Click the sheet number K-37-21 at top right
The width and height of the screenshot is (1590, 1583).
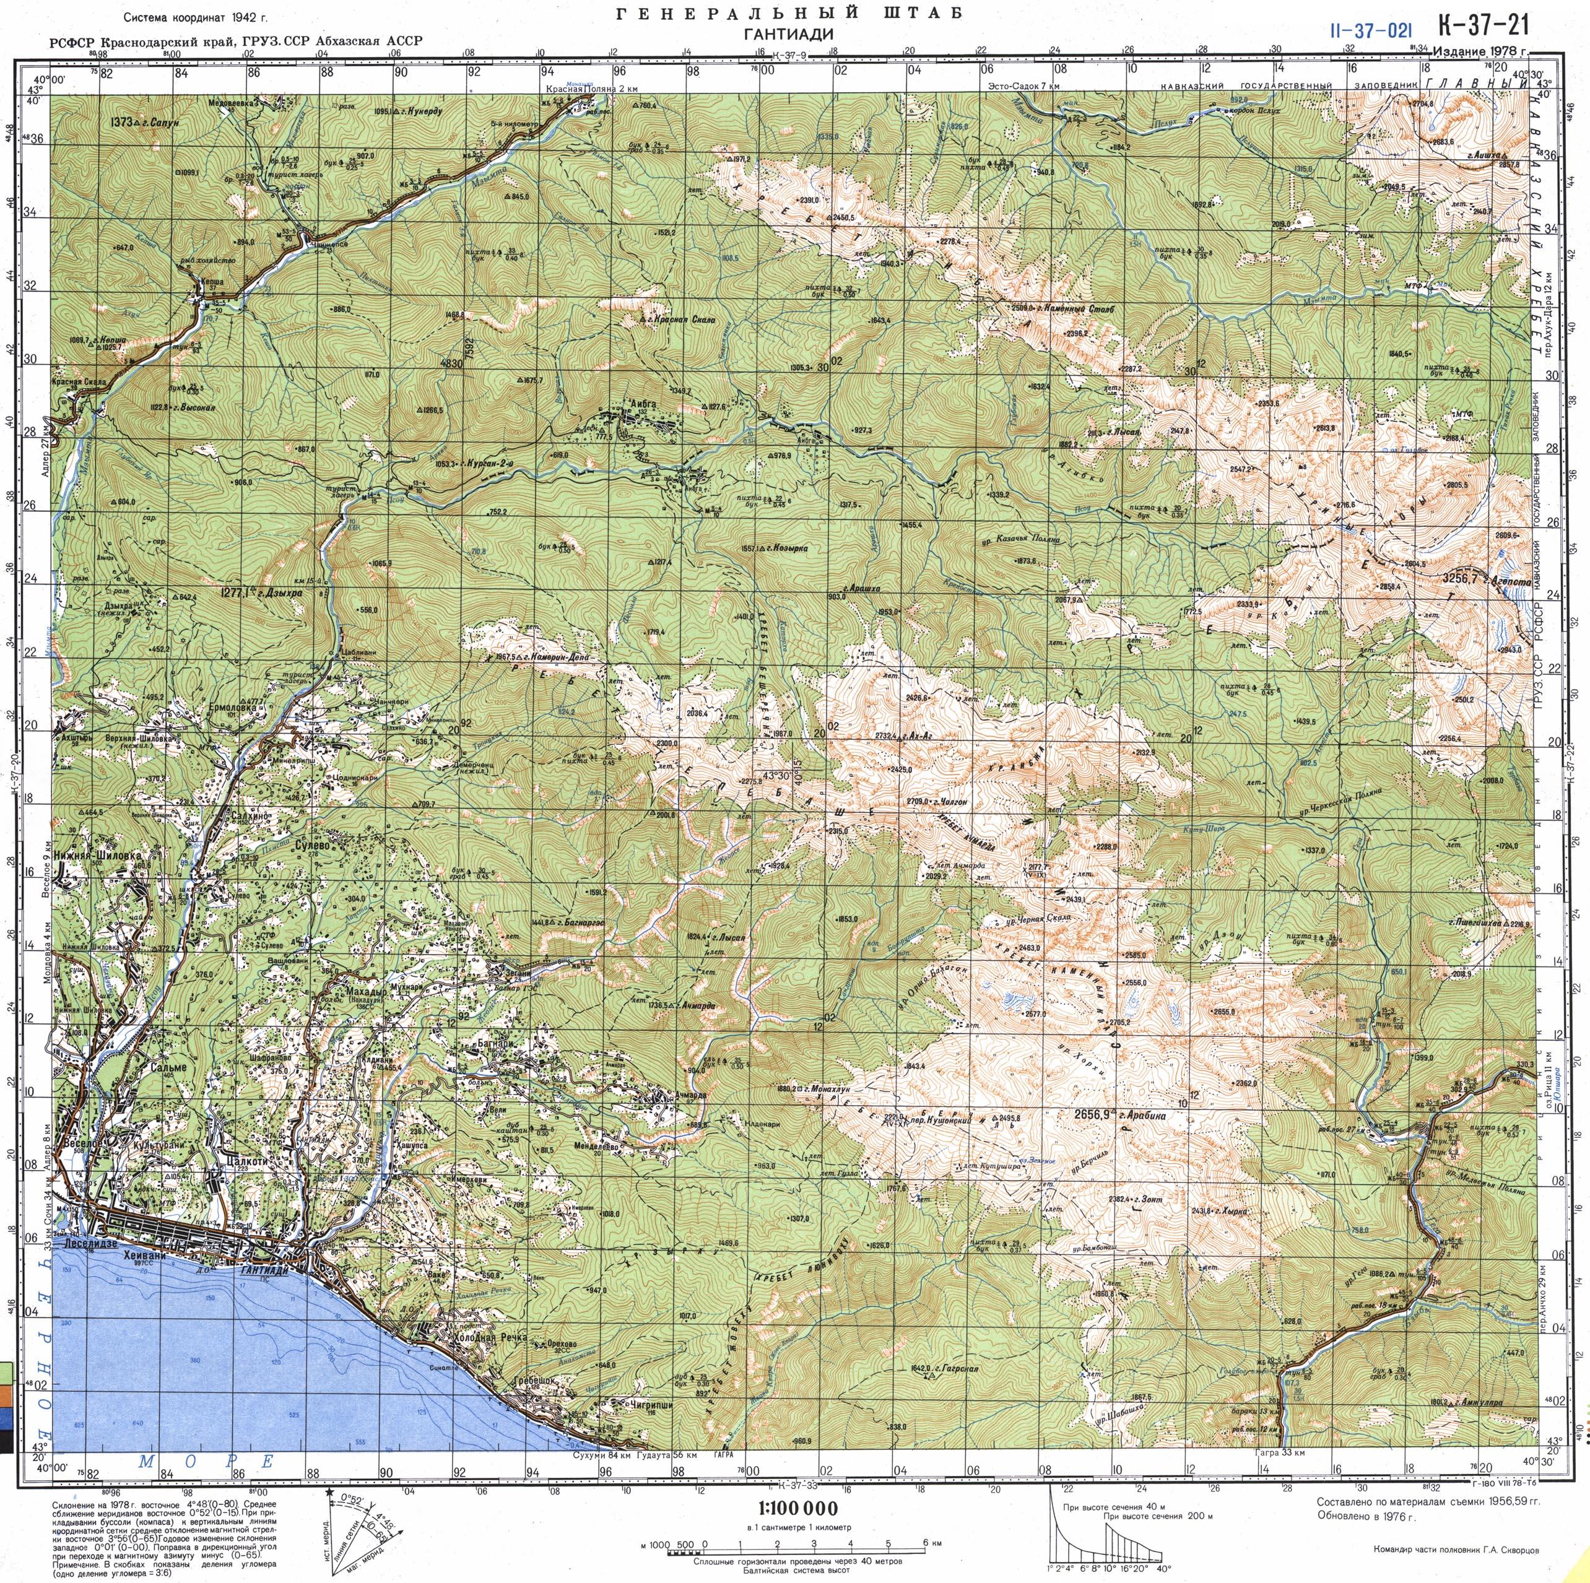point(1483,27)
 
